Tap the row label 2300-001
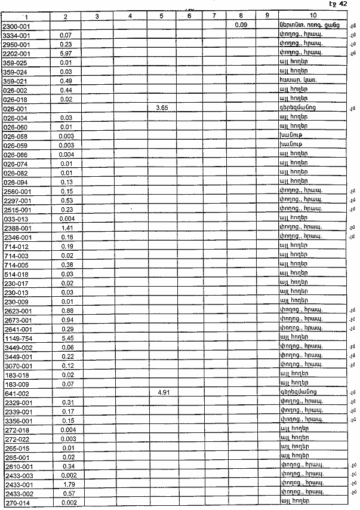tap(16, 26)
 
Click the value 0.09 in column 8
tap(241, 24)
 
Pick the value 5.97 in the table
tap(66, 54)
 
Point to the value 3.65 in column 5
tap(162, 109)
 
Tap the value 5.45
tap(66, 338)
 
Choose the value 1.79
tap(66, 484)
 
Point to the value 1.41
tap(66, 228)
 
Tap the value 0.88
tap(66, 311)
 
